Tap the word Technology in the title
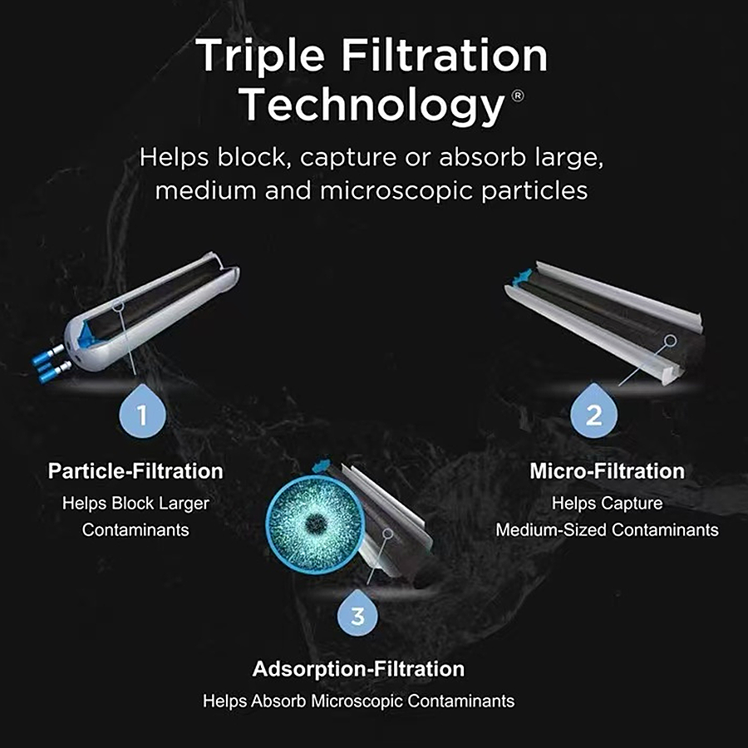(372, 106)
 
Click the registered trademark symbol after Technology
(518, 96)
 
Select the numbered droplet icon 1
(142, 411)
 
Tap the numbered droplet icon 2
(593, 411)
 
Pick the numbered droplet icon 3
(357, 613)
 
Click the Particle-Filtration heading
(135, 471)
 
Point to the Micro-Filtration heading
(608, 471)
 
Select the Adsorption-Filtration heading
(358, 669)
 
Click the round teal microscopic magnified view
(315, 524)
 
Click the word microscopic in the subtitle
(397, 191)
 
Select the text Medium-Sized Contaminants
(607, 529)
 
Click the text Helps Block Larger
(135, 504)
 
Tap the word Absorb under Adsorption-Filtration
(279, 701)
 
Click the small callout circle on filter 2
(671, 341)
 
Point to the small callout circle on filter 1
(118, 304)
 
